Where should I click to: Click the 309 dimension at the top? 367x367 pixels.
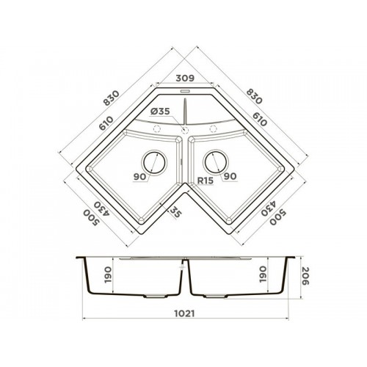(x=185, y=78)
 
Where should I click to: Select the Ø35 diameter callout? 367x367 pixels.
(x=160, y=112)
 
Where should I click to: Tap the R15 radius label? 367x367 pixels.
(x=206, y=181)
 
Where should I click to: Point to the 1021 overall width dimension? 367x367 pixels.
(x=184, y=313)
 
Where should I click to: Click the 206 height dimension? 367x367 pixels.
(x=305, y=276)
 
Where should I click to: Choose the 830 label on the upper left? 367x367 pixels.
(x=112, y=98)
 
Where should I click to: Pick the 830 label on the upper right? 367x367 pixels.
(x=254, y=96)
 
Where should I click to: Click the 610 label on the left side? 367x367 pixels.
(x=106, y=123)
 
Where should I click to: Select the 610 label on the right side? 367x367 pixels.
(x=260, y=119)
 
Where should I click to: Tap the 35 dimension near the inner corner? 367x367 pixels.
(x=176, y=212)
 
